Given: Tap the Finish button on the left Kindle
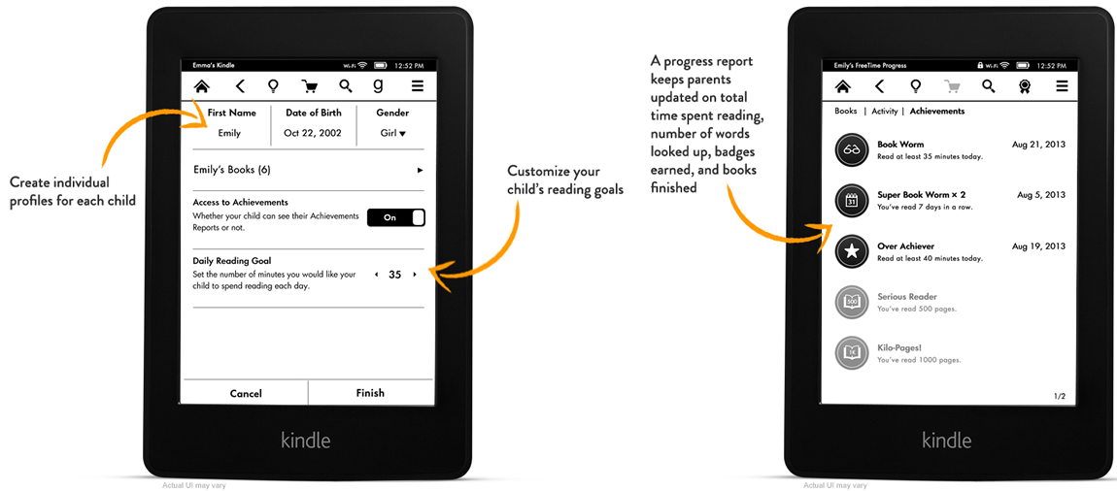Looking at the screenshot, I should tap(370, 393).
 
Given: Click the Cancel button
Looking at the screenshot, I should tap(246, 393).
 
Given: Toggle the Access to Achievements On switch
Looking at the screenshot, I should tap(395, 217).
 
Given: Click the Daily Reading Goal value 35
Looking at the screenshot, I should tap(394, 275).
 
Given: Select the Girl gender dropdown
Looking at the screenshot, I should tap(392, 133).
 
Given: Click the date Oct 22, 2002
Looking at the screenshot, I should tap(312, 133).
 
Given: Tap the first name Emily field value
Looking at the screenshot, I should tap(229, 133).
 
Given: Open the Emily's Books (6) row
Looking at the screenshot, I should tap(308, 170).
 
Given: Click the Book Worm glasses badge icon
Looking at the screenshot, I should tap(852, 149).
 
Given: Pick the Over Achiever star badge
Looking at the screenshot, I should tap(852, 251).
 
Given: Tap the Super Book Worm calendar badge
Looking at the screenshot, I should tap(852, 200).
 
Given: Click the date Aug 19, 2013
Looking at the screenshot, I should tap(1038, 246).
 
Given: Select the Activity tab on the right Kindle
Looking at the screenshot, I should tap(884, 112).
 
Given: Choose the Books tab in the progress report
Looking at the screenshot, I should tap(846, 112).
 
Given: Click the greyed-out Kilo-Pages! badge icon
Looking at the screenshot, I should tap(852, 352).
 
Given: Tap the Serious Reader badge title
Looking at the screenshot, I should tap(906, 297).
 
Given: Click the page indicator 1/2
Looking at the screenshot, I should tap(1059, 396).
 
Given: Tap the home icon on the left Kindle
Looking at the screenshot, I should tap(202, 86).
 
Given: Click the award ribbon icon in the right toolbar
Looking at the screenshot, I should tap(1024, 86).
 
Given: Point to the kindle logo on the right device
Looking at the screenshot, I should tap(946, 440).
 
